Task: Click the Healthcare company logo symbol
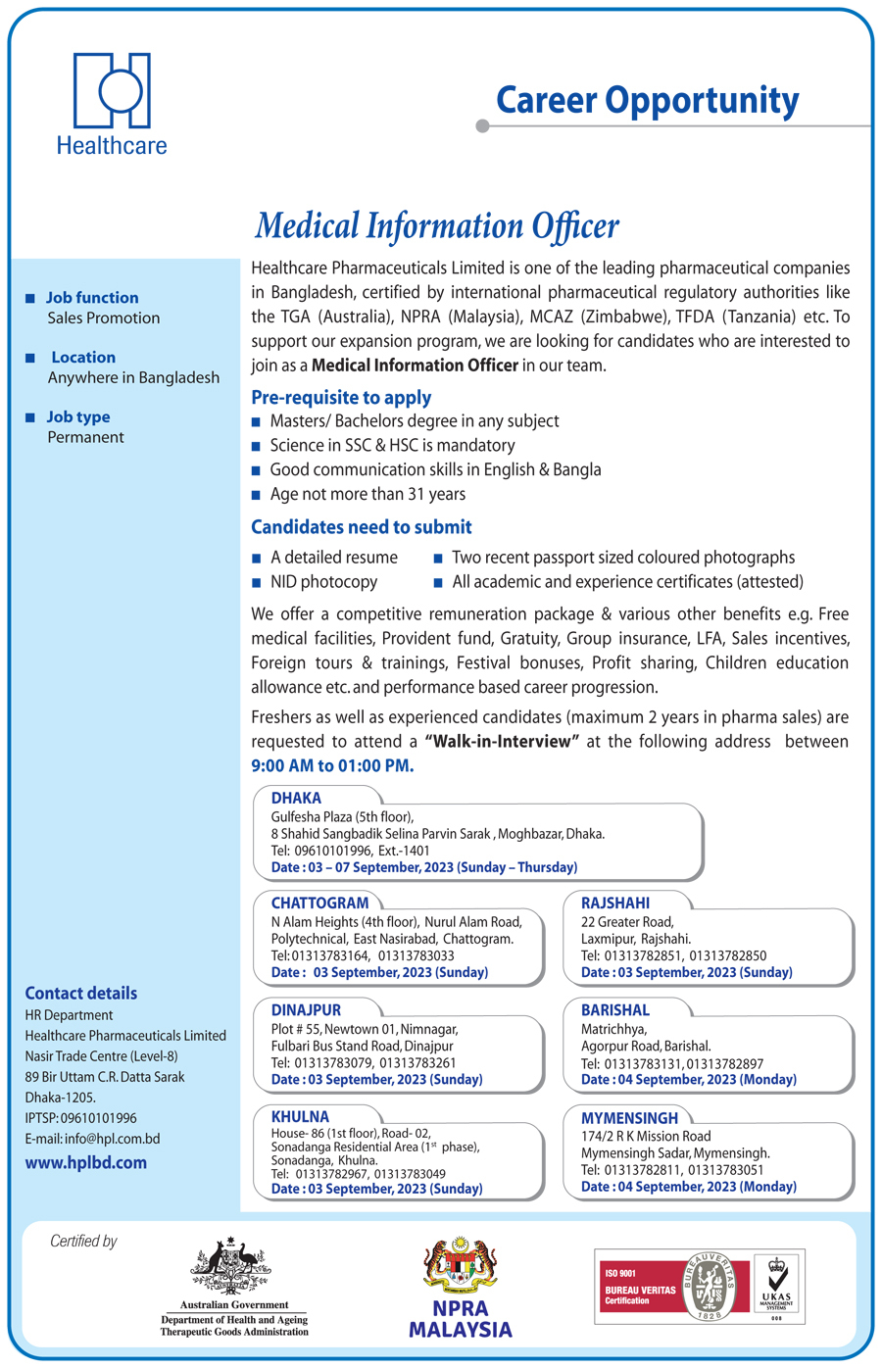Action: pyautogui.click(x=112, y=90)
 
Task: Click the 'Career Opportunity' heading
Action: pyautogui.click(x=647, y=100)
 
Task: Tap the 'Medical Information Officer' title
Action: pyautogui.click(x=437, y=226)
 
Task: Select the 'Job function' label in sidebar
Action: pyautogui.click(x=92, y=298)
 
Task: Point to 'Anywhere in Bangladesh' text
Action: pyautogui.click(x=133, y=378)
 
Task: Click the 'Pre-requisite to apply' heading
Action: pyautogui.click(x=341, y=398)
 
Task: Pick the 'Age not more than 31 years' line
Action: pyautogui.click(x=367, y=495)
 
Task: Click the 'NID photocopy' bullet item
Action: pyautogui.click(x=323, y=582)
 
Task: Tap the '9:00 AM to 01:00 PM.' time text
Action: pyautogui.click(x=332, y=766)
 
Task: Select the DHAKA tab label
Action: pyautogui.click(x=296, y=799)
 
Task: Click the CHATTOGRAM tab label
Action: pyautogui.click(x=319, y=904)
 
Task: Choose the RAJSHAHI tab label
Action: pyautogui.click(x=615, y=904)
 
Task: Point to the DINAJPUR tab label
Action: pyautogui.click(x=306, y=1010)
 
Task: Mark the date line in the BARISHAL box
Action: pyautogui.click(x=688, y=1080)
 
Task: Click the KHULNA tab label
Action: pyautogui.click(x=300, y=1117)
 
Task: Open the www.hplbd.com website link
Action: pyautogui.click(x=86, y=1163)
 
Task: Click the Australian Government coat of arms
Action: pyautogui.click(x=232, y=1266)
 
